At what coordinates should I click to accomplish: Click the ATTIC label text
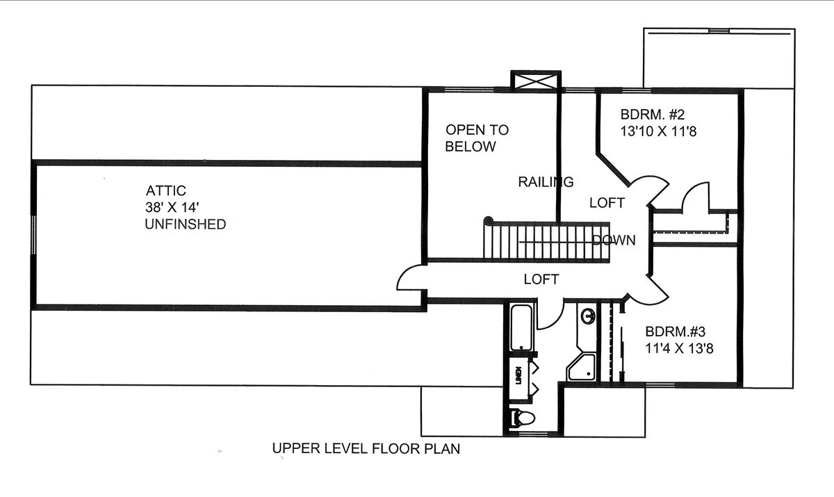point(165,190)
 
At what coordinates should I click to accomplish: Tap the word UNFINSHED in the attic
point(186,224)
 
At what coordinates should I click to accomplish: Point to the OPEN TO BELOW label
point(477,138)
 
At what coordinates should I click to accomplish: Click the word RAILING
point(546,181)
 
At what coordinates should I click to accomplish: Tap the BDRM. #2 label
point(653,114)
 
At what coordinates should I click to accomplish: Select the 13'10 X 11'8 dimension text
point(658,131)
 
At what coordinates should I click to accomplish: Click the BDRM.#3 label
point(676,332)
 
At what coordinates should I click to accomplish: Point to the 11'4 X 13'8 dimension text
point(679,348)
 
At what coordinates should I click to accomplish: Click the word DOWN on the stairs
point(614,240)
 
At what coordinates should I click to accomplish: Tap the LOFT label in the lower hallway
point(541,279)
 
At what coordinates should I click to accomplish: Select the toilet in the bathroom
point(522,418)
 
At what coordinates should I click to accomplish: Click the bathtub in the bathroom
point(521,327)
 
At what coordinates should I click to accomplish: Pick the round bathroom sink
point(588,316)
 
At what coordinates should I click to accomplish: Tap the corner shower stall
point(581,367)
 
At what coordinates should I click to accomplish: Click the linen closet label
point(518,375)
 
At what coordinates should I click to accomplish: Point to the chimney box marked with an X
point(536,81)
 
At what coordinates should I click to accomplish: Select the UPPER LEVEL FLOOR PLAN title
point(366,448)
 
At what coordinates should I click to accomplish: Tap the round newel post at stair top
point(488,220)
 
